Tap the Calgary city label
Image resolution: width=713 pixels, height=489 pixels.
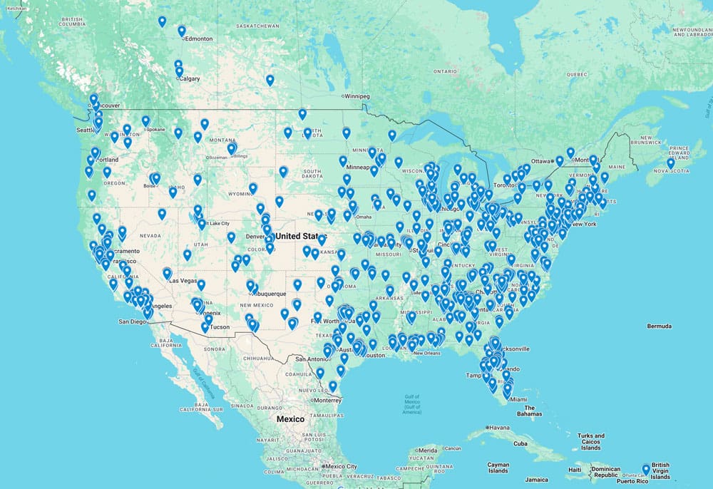(x=189, y=78)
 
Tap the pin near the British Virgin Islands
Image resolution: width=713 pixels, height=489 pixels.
(x=646, y=468)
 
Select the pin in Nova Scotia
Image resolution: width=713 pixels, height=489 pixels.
(x=670, y=163)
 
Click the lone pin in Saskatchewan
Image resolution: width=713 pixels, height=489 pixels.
(x=270, y=80)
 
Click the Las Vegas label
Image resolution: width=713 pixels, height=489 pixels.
(x=182, y=281)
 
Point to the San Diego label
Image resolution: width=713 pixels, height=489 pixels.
(x=133, y=321)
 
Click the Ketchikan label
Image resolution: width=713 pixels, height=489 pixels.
(x=12, y=3)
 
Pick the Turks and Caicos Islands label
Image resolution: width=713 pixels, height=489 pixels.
(x=590, y=441)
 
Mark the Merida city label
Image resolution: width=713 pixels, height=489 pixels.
(x=429, y=451)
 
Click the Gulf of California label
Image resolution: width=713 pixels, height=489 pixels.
(x=202, y=381)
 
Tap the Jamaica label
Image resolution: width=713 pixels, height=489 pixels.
(x=536, y=480)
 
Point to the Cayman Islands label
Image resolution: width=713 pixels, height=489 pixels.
(x=498, y=468)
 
